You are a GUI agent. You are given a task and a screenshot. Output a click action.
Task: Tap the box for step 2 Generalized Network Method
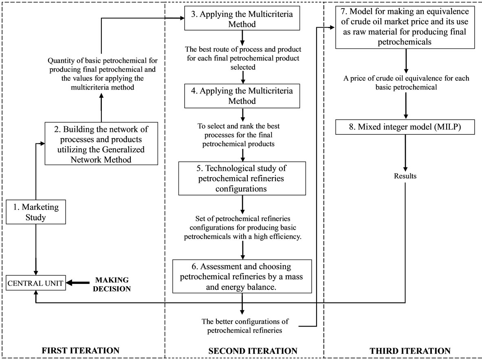coord(101,145)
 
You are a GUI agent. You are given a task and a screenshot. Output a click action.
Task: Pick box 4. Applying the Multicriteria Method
coord(242,96)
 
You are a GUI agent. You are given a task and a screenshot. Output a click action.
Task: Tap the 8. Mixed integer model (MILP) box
coord(405,127)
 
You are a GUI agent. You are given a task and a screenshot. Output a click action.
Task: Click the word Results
coord(405,176)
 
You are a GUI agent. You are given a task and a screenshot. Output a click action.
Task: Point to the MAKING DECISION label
coord(112,284)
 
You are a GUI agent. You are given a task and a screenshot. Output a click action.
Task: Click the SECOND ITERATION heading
coord(253,350)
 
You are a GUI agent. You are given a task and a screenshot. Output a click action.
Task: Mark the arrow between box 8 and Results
coord(405,153)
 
